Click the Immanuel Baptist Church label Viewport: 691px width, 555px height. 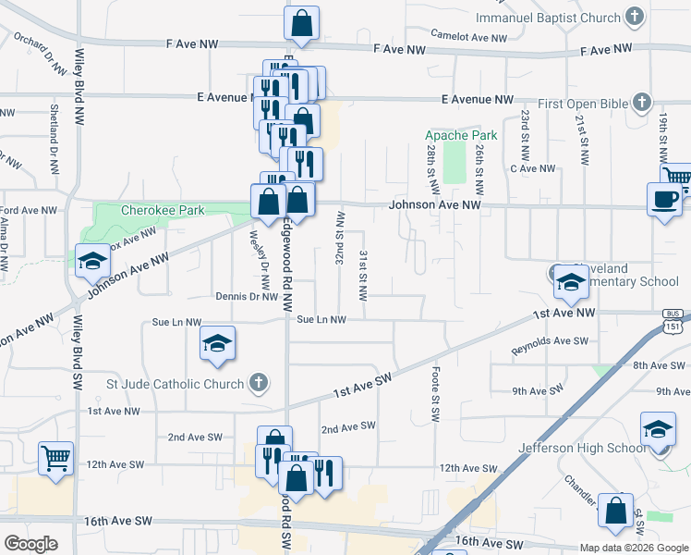click(547, 18)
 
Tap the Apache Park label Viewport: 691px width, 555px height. click(461, 135)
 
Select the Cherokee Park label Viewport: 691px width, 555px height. click(163, 210)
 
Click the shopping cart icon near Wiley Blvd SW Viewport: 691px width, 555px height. click(55, 456)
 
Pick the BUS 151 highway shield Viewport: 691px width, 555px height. click(673, 321)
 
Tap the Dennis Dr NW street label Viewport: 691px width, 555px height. click(246, 297)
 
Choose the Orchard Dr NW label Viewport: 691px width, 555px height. click(41, 55)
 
